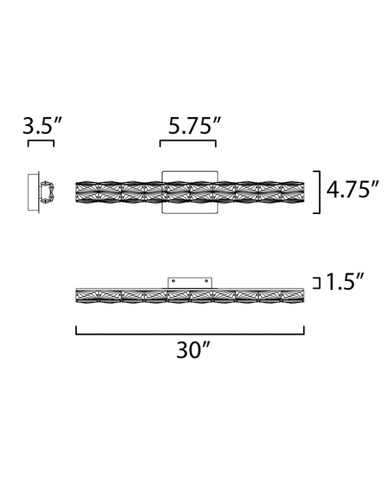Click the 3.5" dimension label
[x=43, y=125]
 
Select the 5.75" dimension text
[x=195, y=125]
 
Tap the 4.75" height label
[x=353, y=189]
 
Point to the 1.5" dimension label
[x=345, y=282]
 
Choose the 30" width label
[x=194, y=350]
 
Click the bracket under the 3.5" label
[x=41, y=141]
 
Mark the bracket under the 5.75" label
[x=188, y=141]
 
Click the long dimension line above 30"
[x=190, y=334]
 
